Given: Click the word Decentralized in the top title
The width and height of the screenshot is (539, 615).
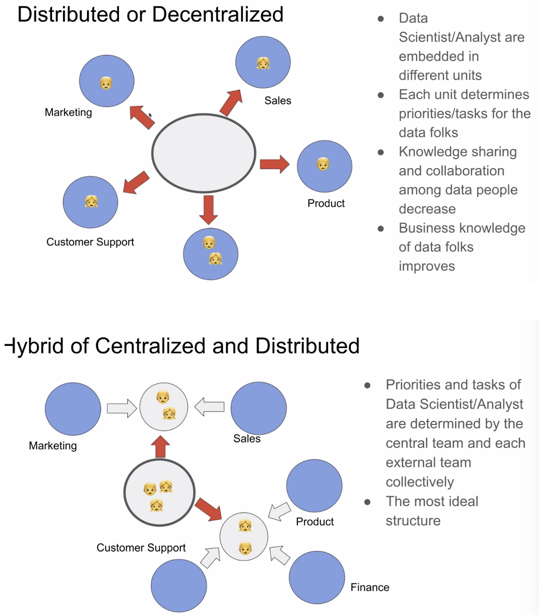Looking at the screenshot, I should (217, 15).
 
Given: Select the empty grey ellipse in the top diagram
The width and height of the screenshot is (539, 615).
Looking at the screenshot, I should (204, 153).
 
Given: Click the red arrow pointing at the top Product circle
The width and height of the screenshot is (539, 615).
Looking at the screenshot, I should (274, 164).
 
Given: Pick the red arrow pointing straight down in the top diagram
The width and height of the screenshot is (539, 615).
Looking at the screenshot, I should (209, 209).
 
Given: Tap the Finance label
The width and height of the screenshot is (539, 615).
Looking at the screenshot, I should (370, 587).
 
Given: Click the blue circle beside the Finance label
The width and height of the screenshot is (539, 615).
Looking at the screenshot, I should (317, 577).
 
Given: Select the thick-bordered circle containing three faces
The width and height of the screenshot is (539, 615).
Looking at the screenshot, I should (159, 492).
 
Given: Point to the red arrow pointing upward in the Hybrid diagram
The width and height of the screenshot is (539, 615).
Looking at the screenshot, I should (160, 447).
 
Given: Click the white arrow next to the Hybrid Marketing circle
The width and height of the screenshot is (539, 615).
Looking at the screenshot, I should (122, 408).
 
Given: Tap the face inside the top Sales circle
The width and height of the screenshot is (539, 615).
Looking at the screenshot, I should (263, 62).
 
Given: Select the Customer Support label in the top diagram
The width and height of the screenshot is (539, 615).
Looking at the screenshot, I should (90, 242).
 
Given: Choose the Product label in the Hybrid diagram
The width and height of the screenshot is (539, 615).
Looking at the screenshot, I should (315, 522).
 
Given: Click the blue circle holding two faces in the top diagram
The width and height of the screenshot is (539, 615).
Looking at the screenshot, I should (210, 254).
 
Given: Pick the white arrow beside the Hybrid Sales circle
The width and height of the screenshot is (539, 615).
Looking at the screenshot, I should (209, 406).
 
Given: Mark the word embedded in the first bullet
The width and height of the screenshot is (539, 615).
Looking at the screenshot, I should (439, 56).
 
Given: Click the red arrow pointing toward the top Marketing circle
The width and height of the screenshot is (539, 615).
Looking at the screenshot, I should (142, 117).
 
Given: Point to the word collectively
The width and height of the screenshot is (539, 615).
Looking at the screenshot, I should (420, 482).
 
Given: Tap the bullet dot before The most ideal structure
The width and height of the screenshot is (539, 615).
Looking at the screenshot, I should (367, 502).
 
